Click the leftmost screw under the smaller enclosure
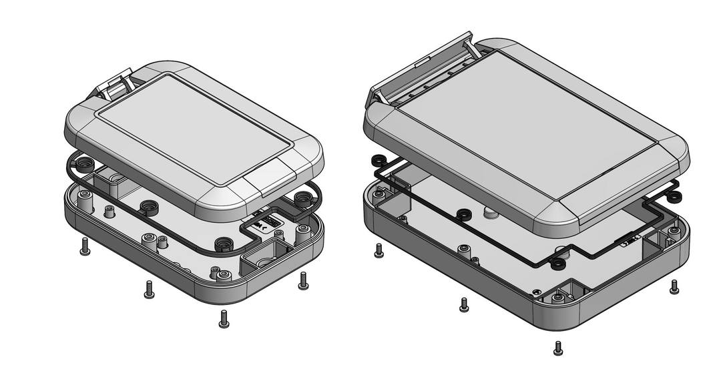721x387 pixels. coord(85,246)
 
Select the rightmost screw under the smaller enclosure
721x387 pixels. coord(303,280)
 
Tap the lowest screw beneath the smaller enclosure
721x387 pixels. coord(224,319)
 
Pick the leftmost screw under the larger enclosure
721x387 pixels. coord(379,250)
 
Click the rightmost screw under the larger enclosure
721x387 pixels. coord(674,286)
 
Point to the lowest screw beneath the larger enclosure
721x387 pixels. coord(558,348)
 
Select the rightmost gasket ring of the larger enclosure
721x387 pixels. coord(674,196)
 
